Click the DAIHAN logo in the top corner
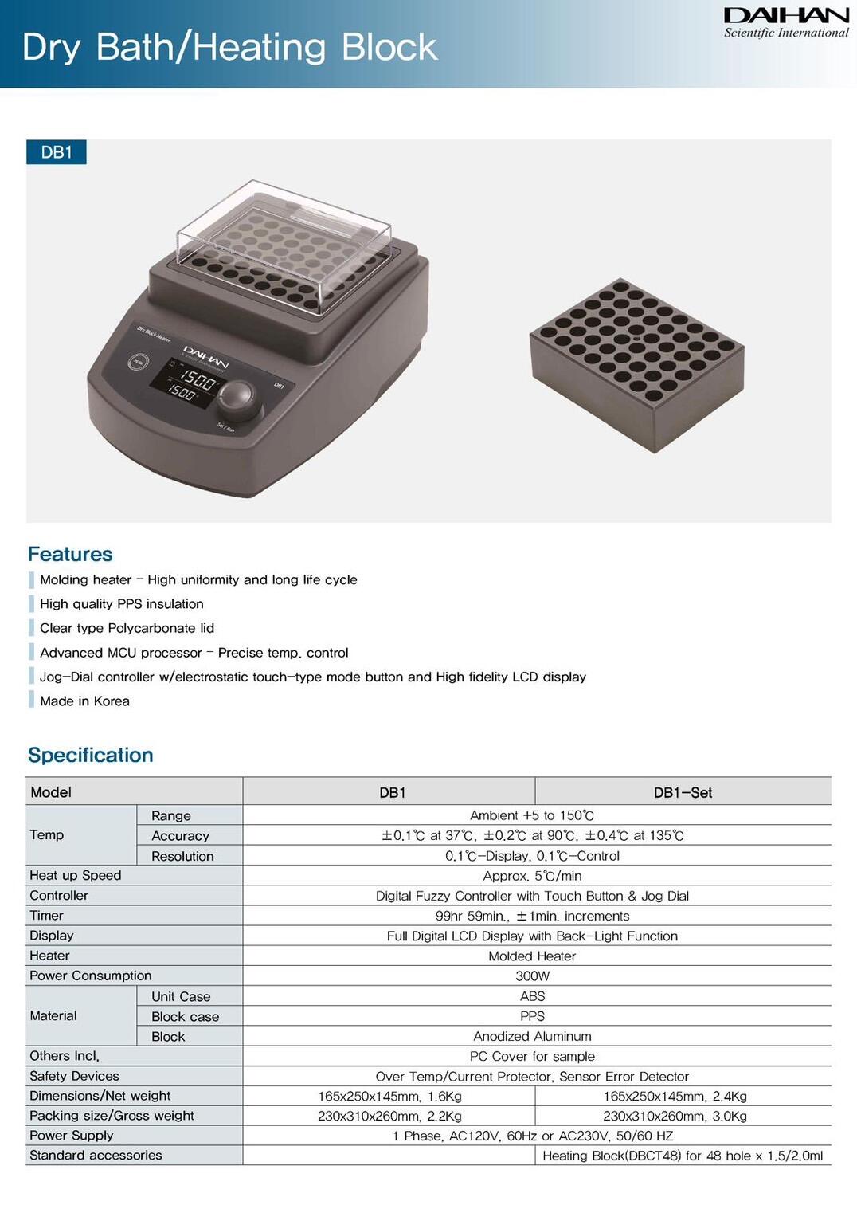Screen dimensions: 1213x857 785,22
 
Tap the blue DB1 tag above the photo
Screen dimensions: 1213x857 56,152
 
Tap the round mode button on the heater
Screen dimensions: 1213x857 137,362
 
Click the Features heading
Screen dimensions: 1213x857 70,554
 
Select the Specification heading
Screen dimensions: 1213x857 91,755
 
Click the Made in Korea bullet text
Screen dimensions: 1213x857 84,701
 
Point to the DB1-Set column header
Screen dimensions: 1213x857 683,792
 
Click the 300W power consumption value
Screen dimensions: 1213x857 532,976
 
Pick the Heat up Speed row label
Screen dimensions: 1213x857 76,875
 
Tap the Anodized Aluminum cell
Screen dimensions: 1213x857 532,1036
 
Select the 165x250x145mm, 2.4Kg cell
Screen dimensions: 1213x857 675,1096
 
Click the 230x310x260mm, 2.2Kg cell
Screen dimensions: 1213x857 389,1116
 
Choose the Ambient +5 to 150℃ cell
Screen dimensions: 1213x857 532,815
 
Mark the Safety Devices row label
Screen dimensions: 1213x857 75,1076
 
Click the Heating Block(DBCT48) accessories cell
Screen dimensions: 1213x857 683,1156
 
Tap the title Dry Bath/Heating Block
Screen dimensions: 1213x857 229,47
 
